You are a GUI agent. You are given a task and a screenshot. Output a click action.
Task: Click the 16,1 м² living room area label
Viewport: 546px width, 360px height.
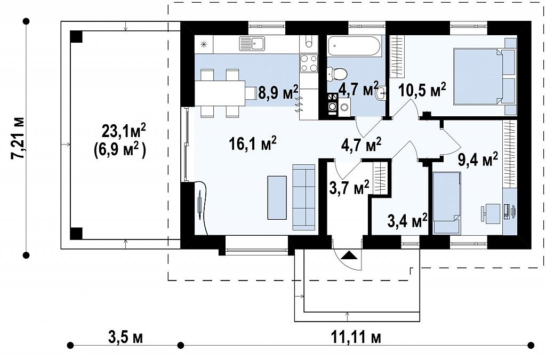pos(253,143)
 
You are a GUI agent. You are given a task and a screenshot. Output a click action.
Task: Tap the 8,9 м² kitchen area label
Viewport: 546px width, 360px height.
pos(278,92)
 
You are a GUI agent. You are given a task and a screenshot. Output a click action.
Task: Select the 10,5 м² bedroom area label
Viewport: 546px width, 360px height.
pos(422,90)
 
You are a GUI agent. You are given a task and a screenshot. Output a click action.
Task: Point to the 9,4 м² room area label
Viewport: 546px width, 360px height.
pos(478,160)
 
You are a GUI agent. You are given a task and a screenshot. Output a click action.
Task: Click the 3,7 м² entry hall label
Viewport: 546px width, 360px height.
pos(349,188)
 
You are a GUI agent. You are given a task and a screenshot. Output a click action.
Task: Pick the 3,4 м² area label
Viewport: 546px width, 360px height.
pos(407,220)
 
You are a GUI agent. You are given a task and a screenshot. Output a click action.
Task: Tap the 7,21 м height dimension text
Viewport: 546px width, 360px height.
pos(18,138)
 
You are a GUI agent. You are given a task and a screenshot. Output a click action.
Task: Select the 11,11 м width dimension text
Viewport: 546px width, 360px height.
pos(356,338)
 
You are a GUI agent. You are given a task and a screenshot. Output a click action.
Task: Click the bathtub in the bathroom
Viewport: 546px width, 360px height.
pos(355,45)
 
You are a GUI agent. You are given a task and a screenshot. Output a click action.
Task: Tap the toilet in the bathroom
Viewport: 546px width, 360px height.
pos(338,74)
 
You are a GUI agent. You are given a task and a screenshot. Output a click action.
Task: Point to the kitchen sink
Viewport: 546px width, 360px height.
pos(252,43)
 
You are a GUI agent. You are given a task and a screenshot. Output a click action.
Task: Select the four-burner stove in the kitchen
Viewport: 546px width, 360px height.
pos(309,63)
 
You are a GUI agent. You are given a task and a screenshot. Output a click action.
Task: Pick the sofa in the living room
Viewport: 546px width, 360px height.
pos(304,197)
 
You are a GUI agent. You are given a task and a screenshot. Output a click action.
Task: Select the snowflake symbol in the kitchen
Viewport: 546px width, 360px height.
pos(204,44)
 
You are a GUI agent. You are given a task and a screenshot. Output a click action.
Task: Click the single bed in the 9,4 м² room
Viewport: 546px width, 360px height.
pos(447,203)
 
